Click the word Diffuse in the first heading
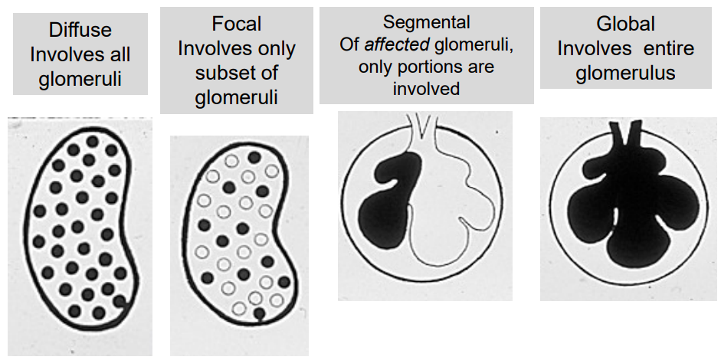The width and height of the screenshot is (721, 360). (x=80, y=31)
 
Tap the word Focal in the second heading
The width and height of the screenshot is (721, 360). (x=237, y=25)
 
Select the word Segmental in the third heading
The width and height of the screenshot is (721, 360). (x=427, y=22)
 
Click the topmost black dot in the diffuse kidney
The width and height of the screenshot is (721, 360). (x=92, y=141)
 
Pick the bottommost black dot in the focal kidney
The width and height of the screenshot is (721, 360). (x=260, y=313)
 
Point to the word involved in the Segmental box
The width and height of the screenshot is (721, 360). (x=426, y=89)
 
